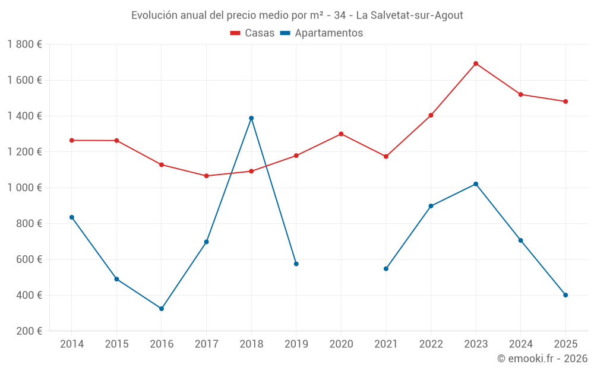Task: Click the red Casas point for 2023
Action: coord(476,64)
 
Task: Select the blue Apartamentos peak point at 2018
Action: coord(251,118)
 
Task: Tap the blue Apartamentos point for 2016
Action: coord(162,309)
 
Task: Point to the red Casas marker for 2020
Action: coord(341,134)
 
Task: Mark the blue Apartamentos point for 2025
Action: coord(565,295)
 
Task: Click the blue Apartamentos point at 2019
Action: coord(296,264)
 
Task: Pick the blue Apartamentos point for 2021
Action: coord(386,269)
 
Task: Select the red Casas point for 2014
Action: coord(72,140)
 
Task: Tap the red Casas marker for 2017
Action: coord(206,176)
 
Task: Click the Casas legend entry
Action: coord(252,33)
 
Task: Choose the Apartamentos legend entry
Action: coord(321,33)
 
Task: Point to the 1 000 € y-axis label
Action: coord(24,188)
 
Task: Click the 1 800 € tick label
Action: coord(24,44)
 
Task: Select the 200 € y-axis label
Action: coord(29,331)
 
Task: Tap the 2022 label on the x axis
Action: coord(431,344)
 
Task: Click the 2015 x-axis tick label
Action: coord(116,344)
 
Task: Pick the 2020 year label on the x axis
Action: coord(341,344)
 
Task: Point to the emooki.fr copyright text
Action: coord(542,359)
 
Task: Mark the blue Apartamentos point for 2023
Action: coord(476,184)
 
